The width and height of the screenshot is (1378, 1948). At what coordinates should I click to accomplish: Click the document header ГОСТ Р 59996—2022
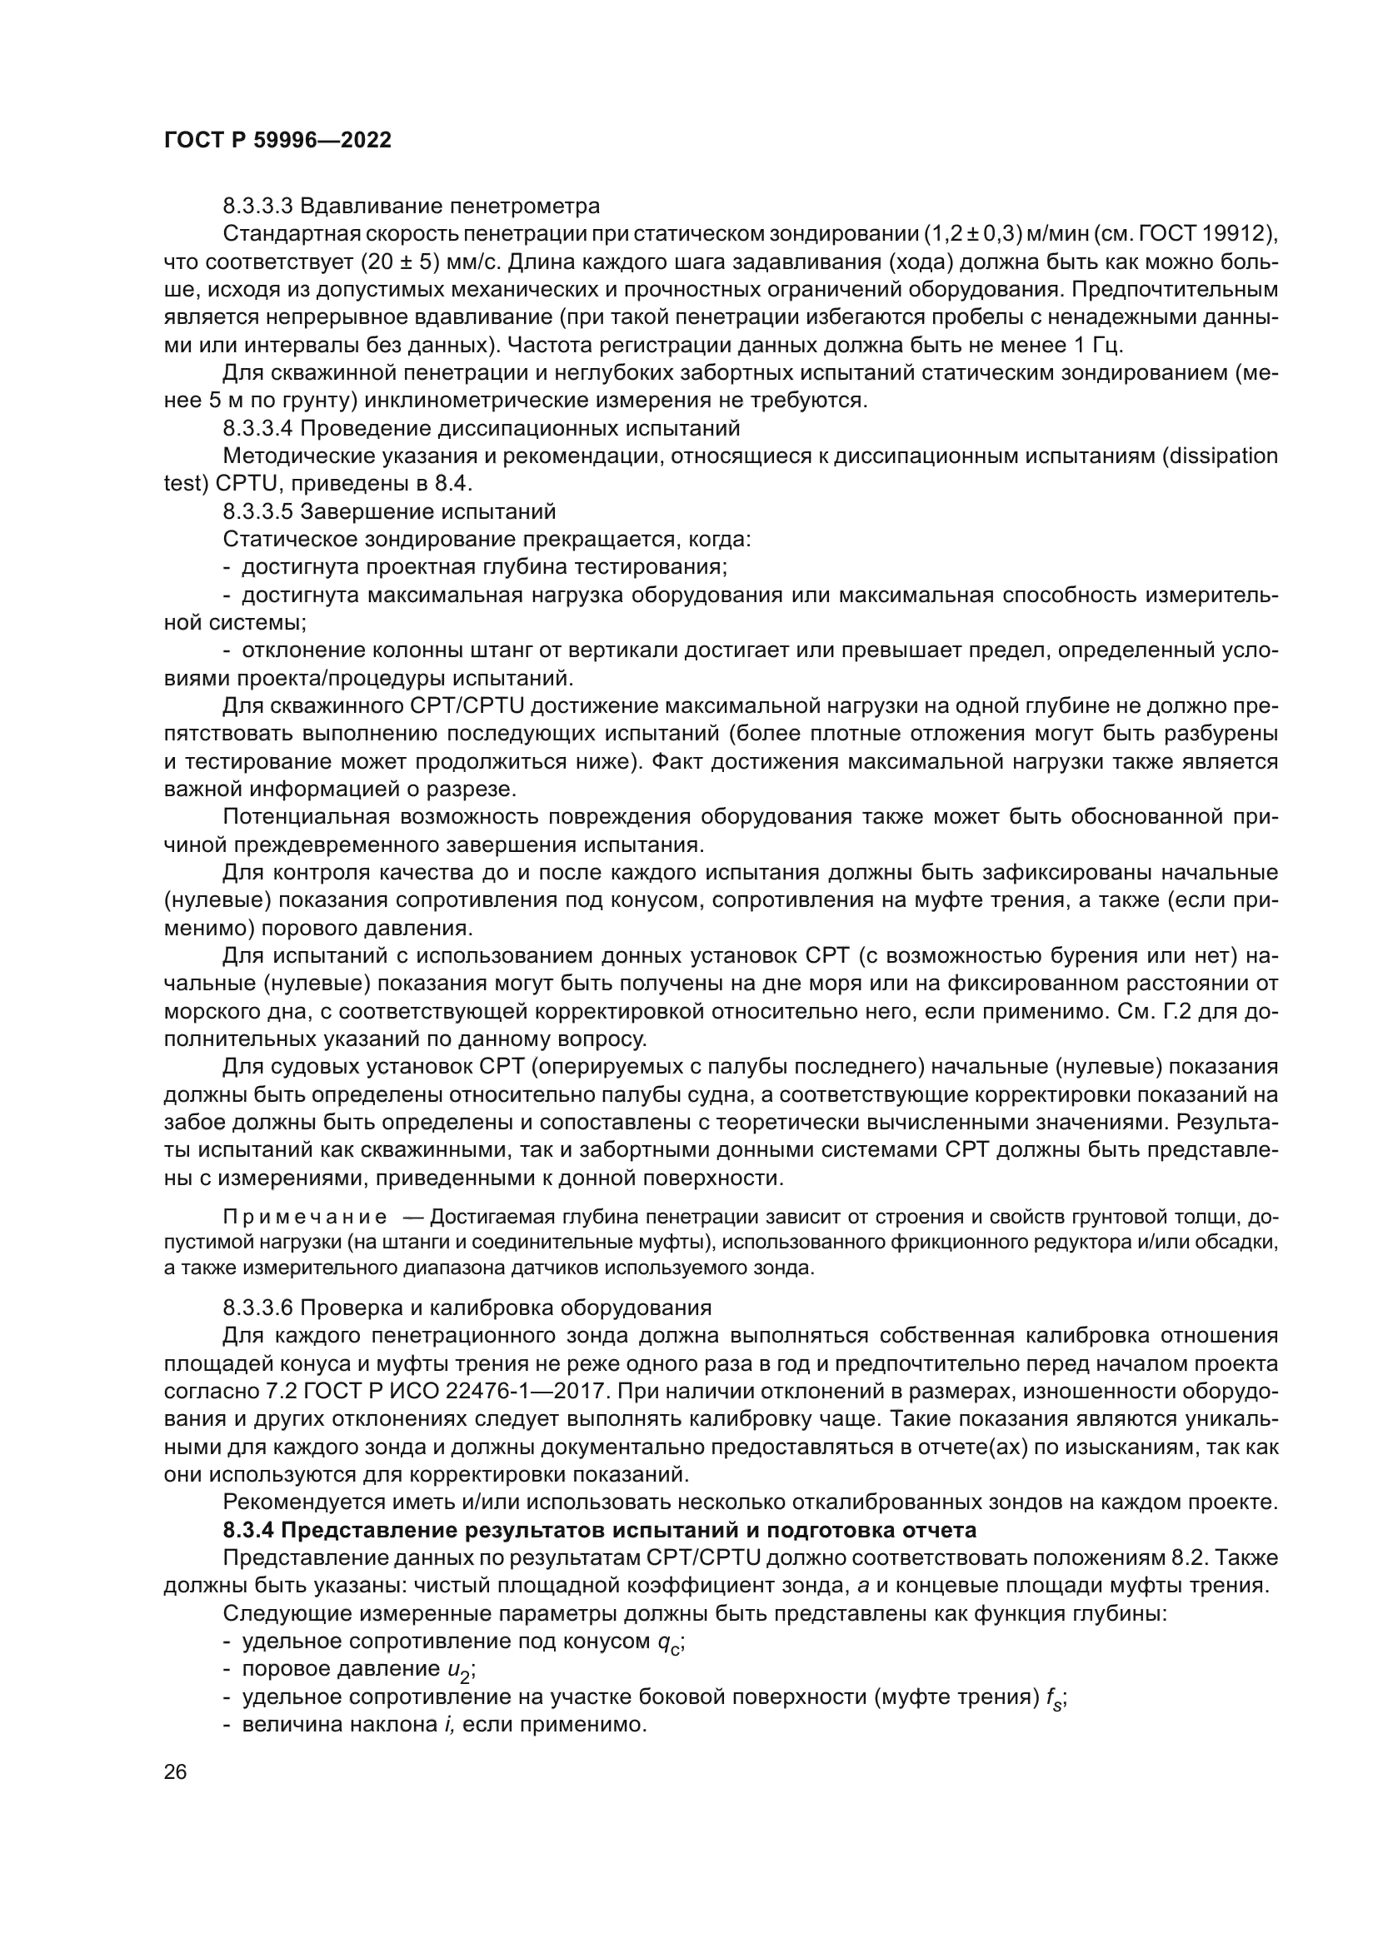coord(277,141)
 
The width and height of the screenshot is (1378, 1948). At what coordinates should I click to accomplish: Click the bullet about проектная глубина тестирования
coord(484,567)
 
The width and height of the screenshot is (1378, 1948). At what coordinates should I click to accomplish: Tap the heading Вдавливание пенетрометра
coord(450,207)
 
